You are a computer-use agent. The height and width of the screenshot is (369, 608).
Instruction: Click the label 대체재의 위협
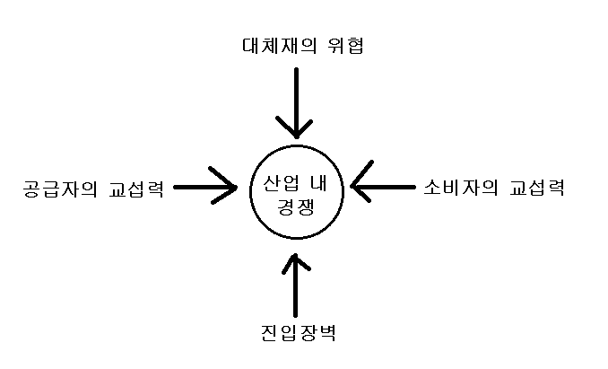[x=294, y=45]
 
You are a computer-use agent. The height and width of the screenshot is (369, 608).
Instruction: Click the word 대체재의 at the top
[x=272, y=45]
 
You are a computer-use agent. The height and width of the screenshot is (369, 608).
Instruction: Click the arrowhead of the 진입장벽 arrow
[x=294, y=262]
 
